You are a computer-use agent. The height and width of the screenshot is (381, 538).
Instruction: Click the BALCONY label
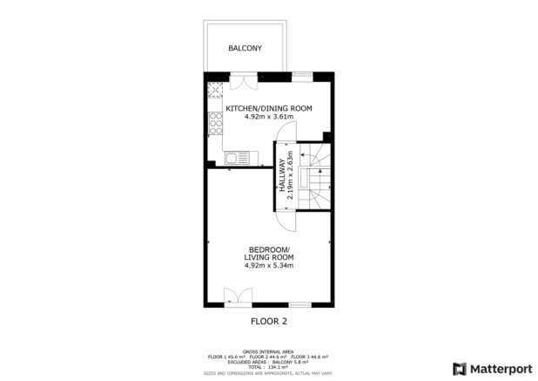pos(245,49)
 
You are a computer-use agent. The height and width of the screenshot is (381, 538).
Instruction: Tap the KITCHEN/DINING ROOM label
pos(269,108)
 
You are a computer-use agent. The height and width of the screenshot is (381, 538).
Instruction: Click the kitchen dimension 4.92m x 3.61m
pos(269,117)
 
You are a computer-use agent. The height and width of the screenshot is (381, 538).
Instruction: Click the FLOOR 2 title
pos(269,321)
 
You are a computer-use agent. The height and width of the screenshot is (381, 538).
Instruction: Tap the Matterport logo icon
pos(459,367)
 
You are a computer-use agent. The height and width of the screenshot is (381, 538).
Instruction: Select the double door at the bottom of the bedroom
pos(232,296)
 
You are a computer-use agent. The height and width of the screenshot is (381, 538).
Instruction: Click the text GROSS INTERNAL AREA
pos(269,347)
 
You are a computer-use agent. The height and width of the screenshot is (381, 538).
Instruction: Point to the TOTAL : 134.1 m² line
pos(269,366)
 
